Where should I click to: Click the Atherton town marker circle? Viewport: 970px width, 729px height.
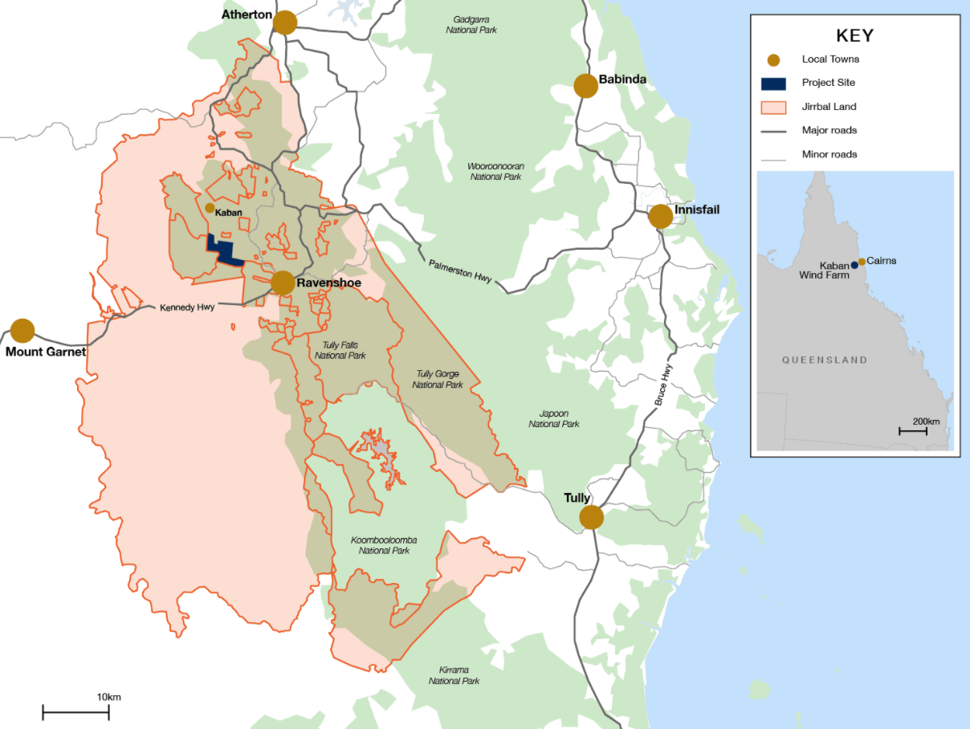click(285, 22)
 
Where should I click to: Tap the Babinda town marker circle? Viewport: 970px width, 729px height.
click(586, 86)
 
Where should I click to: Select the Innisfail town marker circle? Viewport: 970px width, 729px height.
click(660, 216)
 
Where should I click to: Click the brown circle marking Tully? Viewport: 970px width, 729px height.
click(592, 517)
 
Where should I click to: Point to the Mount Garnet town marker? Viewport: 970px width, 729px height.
click(22, 331)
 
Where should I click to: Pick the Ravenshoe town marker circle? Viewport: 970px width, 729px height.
click(283, 283)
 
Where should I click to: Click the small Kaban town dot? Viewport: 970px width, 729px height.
click(210, 208)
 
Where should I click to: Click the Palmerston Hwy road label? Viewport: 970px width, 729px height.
click(460, 271)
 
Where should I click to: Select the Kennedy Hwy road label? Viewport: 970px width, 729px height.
click(187, 307)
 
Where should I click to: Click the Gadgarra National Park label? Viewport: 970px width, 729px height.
click(471, 24)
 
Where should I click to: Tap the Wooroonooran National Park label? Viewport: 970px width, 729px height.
click(495, 171)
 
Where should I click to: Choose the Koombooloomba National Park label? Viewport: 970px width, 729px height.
click(384, 545)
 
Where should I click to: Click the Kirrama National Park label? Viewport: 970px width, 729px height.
click(454, 675)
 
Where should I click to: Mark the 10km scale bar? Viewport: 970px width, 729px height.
click(75, 711)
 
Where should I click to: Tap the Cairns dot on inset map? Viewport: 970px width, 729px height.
click(862, 262)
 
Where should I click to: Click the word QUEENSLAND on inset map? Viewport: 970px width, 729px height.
click(825, 360)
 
